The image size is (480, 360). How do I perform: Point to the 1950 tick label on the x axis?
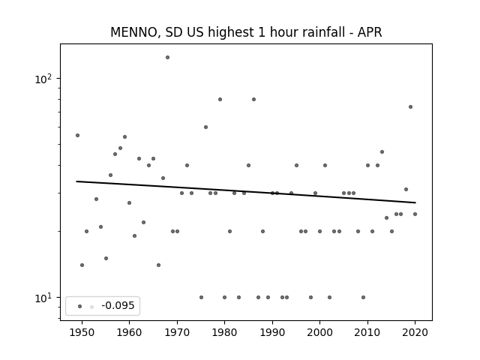coord(82,332)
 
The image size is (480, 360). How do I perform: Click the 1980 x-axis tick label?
coord(224,332)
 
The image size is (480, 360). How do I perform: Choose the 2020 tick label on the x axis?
coord(415,332)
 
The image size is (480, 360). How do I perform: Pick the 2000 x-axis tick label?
coord(320,332)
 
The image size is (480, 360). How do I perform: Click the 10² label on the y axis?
coord(43,79)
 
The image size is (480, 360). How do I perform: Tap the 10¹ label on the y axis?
coord(43,298)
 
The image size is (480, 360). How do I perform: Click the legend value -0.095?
coord(118,305)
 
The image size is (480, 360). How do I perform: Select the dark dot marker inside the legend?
coord(80,307)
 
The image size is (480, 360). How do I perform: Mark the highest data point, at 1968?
coord(167,57)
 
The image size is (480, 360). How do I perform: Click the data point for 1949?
coord(77,135)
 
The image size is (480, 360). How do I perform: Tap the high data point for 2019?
coord(410,106)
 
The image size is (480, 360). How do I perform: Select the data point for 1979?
coord(220,99)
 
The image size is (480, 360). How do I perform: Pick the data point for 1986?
coord(253,99)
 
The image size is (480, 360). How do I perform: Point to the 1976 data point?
coord(205,127)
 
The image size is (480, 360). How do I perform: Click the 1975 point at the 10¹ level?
coord(201,297)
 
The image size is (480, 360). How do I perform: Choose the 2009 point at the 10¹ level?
coord(363,297)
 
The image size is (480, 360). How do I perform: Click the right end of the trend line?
coord(415,202)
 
